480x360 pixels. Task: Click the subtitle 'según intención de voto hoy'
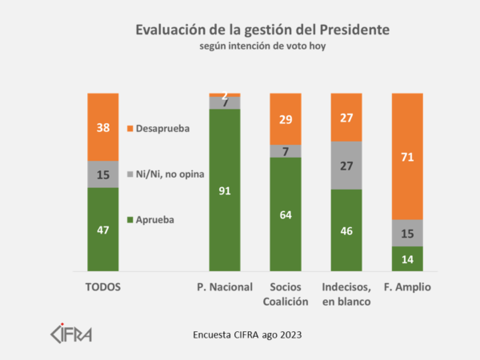pyautogui.click(x=262, y=46)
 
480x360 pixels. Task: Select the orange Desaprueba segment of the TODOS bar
pyautogui.click(x=103, y=126)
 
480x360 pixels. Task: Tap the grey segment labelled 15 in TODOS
pyautogui.click(x=103, y=174)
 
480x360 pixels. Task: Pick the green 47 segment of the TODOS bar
pyautogui.click(x=103, y=230)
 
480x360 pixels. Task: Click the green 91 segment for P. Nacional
pyautogui.click(x=225, y=190)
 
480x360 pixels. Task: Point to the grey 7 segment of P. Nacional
pyautogui.click(x=225, y=102)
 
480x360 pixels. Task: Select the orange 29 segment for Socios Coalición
pyautogui.click(x=286, y=118)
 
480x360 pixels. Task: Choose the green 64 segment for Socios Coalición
pyautogui.click(x=286, y=214)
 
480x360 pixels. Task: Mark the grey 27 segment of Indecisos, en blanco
pyautogui.click(x=346, y=166)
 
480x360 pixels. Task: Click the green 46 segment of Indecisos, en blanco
pyautogui.click(x=346, y=230)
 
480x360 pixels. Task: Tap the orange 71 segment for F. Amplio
pyautogui.click(x=407, y=157)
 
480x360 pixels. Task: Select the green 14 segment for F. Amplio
pyautogui.click(x=407, y=258)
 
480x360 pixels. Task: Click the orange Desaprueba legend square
pyautogui.click(x=130, y=128)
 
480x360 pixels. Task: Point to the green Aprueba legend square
pyautogui.click(x=130, y=218)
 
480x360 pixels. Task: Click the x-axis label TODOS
pyautogui.click(x=103, y=286)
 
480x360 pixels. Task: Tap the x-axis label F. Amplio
pyautogui.click(x=407, y=286)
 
